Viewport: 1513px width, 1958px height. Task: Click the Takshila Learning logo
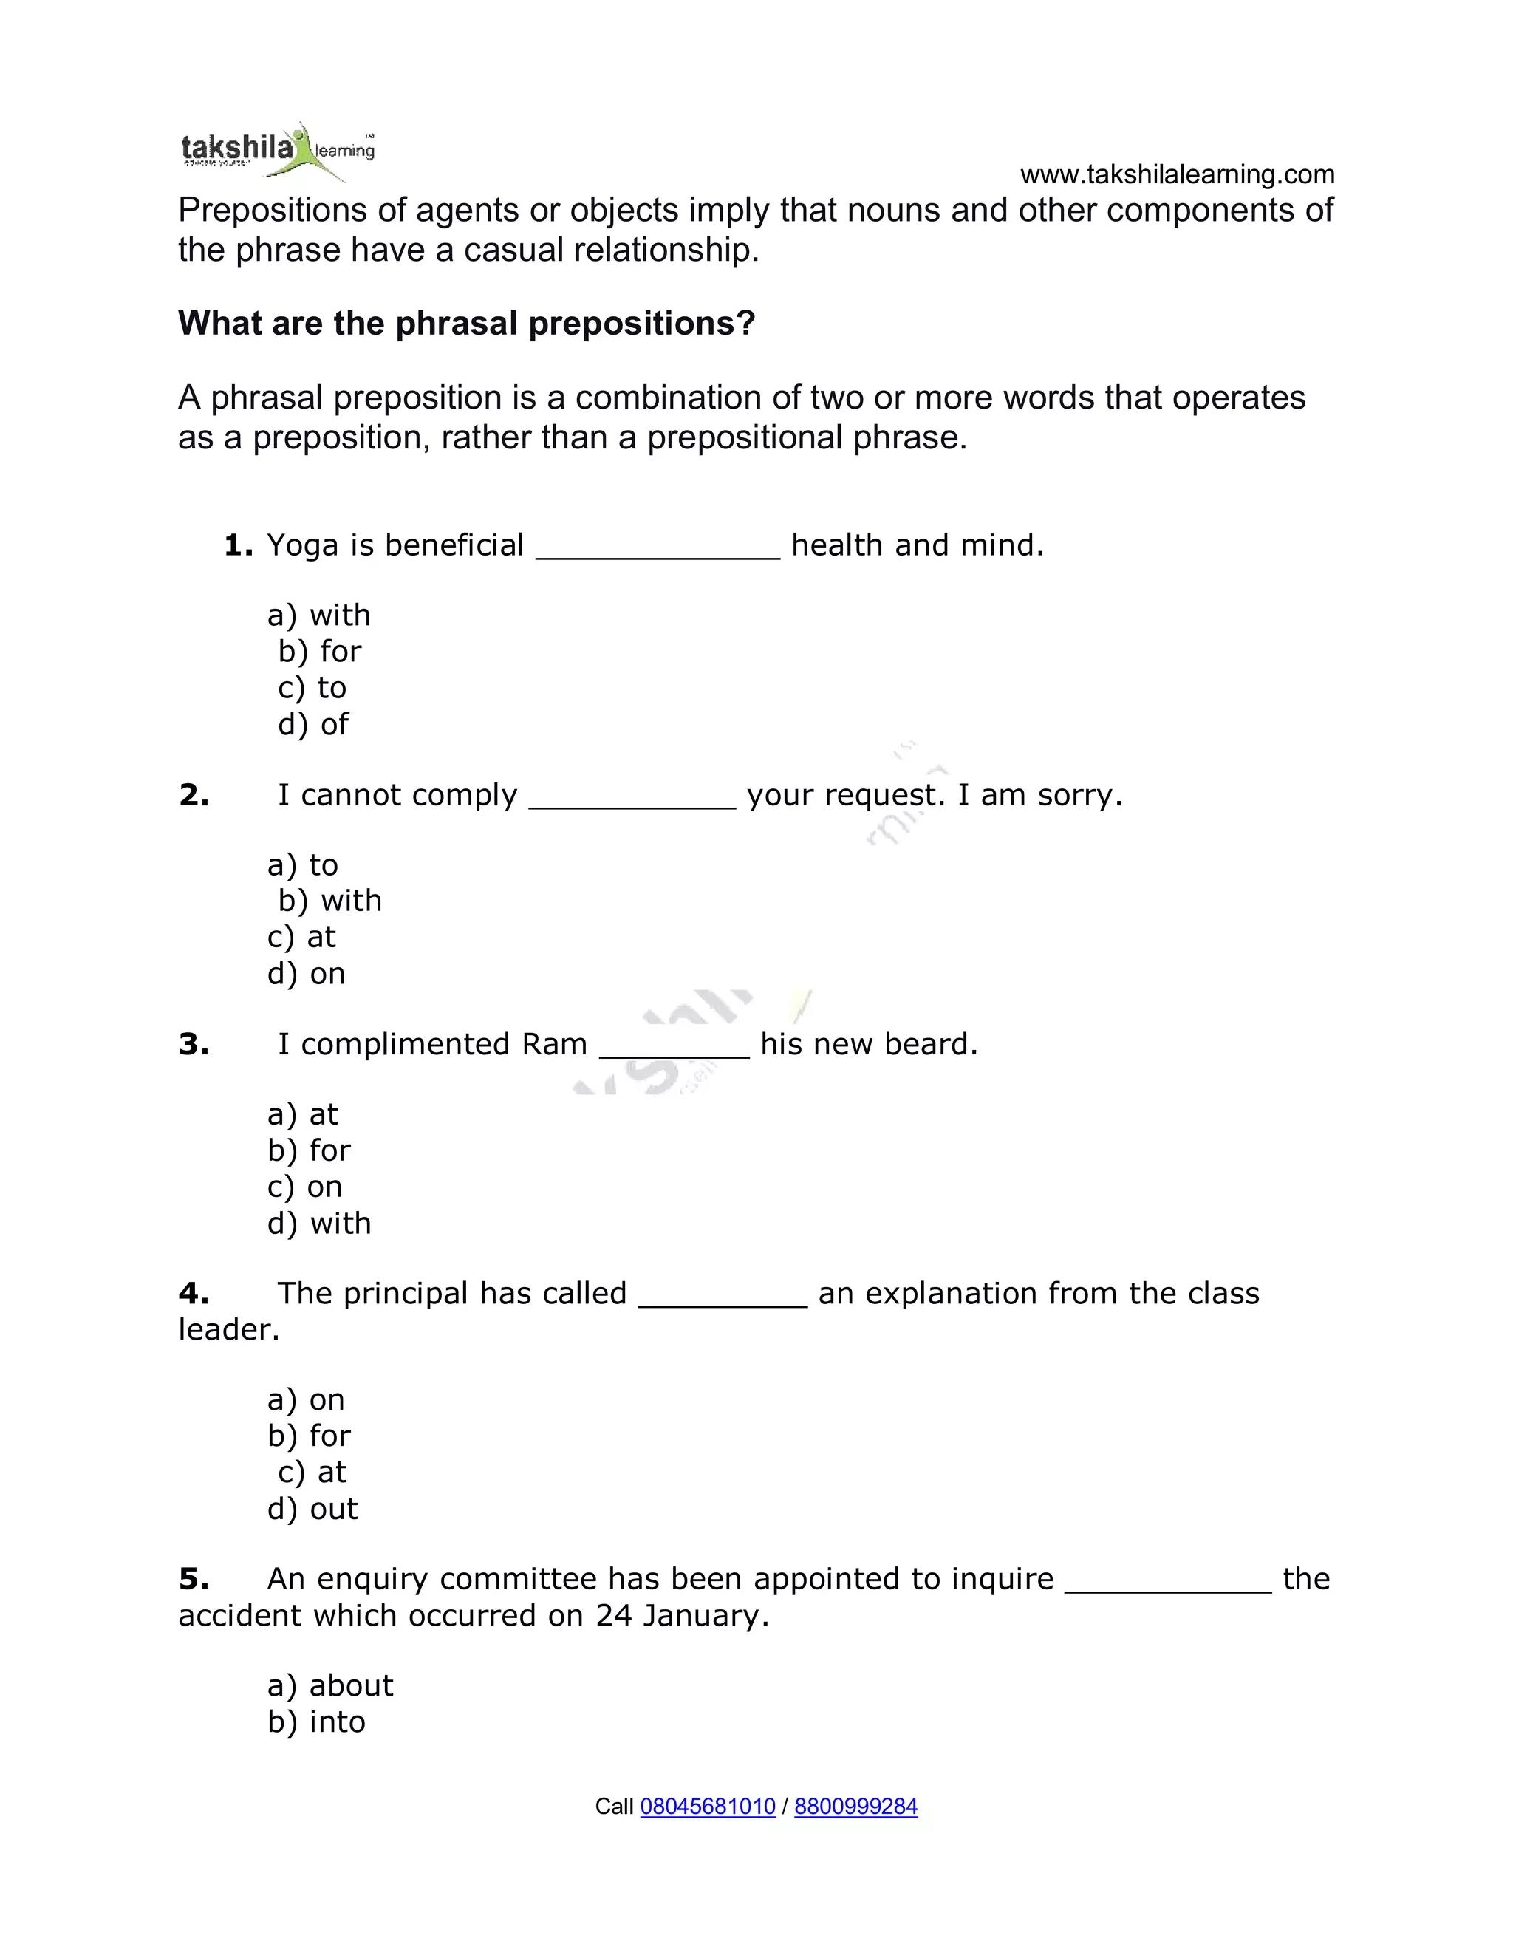[278, 151]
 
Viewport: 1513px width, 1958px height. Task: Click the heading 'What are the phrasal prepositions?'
[466, 324]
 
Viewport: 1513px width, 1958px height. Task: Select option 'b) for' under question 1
[320, 652]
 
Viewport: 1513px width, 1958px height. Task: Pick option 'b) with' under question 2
[329, 901]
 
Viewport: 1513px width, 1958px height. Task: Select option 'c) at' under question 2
[302, 938]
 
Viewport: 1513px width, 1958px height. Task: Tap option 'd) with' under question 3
[319, 1224]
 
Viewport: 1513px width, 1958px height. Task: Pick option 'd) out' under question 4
[312, 1510]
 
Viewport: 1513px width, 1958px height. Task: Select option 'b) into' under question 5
[316, 1722]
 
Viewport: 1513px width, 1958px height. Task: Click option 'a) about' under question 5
[329, 1686]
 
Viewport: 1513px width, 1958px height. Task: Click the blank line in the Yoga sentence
[658, 549]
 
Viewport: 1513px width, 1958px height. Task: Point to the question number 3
[194, 1045]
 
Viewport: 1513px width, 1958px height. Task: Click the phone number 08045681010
[707, 1807]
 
